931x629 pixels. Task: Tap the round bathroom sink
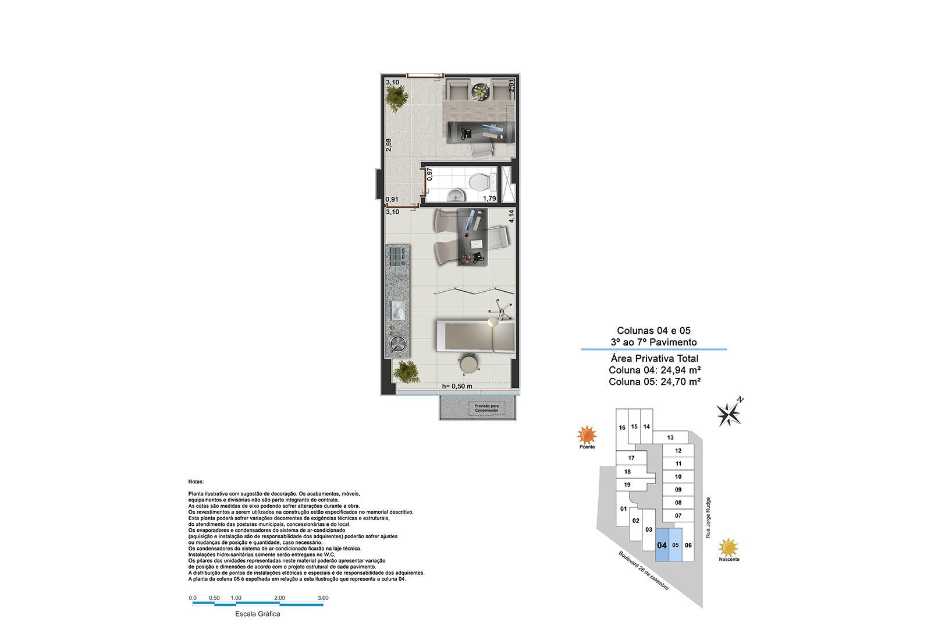tap(454, 195)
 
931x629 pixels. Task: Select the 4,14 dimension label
tap(511, 217)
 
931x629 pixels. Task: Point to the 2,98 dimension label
tap(389, 146)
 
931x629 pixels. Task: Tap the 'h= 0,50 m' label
tap(457, 386)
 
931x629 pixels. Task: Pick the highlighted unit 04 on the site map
tap(662, 545)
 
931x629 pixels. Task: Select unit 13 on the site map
tap(670, 437)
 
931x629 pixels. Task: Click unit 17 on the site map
tap(631, 458)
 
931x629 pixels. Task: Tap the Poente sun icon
tap(587, 435)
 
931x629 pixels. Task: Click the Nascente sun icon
tap(729, 547)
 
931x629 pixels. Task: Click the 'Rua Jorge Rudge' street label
tap(708, 517)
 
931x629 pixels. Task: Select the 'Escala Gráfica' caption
tap(257, 614)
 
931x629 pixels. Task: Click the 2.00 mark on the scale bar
tap(279, 598)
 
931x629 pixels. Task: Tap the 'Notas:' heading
tap(196, 482)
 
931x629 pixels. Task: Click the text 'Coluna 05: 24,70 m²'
tap(654, 382)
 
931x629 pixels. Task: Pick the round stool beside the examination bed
tap(468, 364)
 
